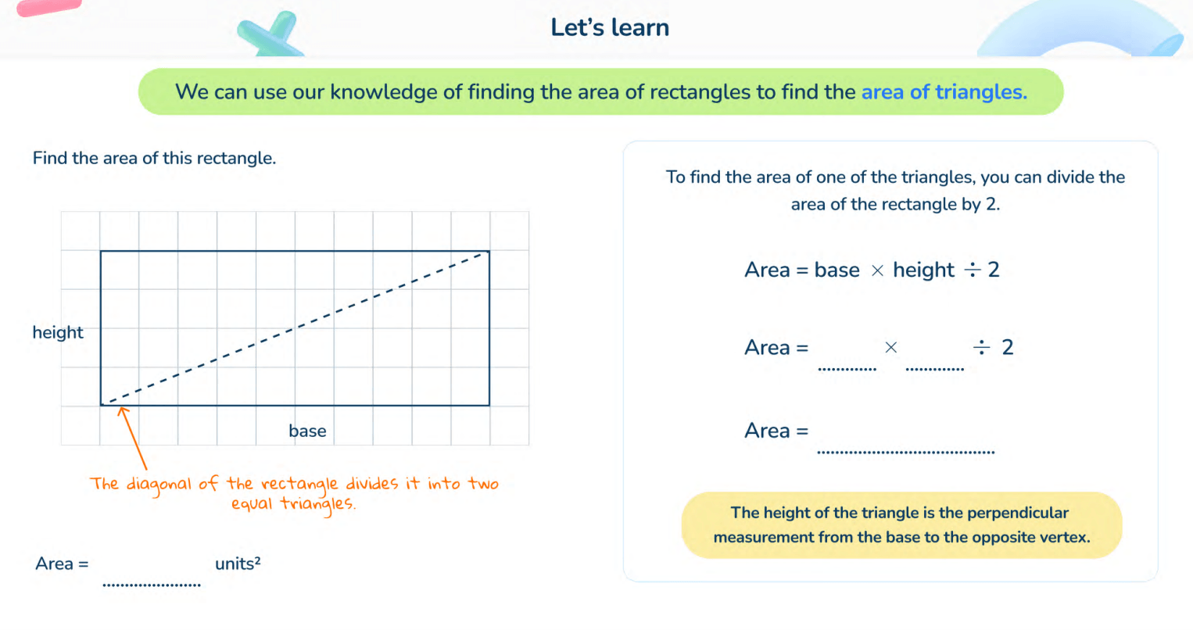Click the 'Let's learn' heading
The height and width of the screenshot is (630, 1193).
tap(610, 27)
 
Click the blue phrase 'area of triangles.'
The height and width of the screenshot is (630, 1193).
tap(944, 92)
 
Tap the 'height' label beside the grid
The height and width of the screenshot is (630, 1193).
tap(58, 332)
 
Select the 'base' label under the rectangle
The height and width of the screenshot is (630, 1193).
tap(307, 431)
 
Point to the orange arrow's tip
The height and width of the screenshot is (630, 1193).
tap(121, 407)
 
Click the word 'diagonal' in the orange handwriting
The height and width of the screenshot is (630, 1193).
tap(159, 485)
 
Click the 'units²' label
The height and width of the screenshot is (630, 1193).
tap(238, 564)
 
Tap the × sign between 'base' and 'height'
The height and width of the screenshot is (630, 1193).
tap(877, 270)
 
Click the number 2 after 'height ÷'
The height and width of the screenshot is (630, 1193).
tap(994, 270)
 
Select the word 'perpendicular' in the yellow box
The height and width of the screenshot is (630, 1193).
tap(1017, 513)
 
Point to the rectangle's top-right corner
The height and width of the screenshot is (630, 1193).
tap(489, 251)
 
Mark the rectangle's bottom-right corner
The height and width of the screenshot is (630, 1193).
tap(489, 405)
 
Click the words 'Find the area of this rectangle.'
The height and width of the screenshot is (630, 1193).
tap(154, 158)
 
